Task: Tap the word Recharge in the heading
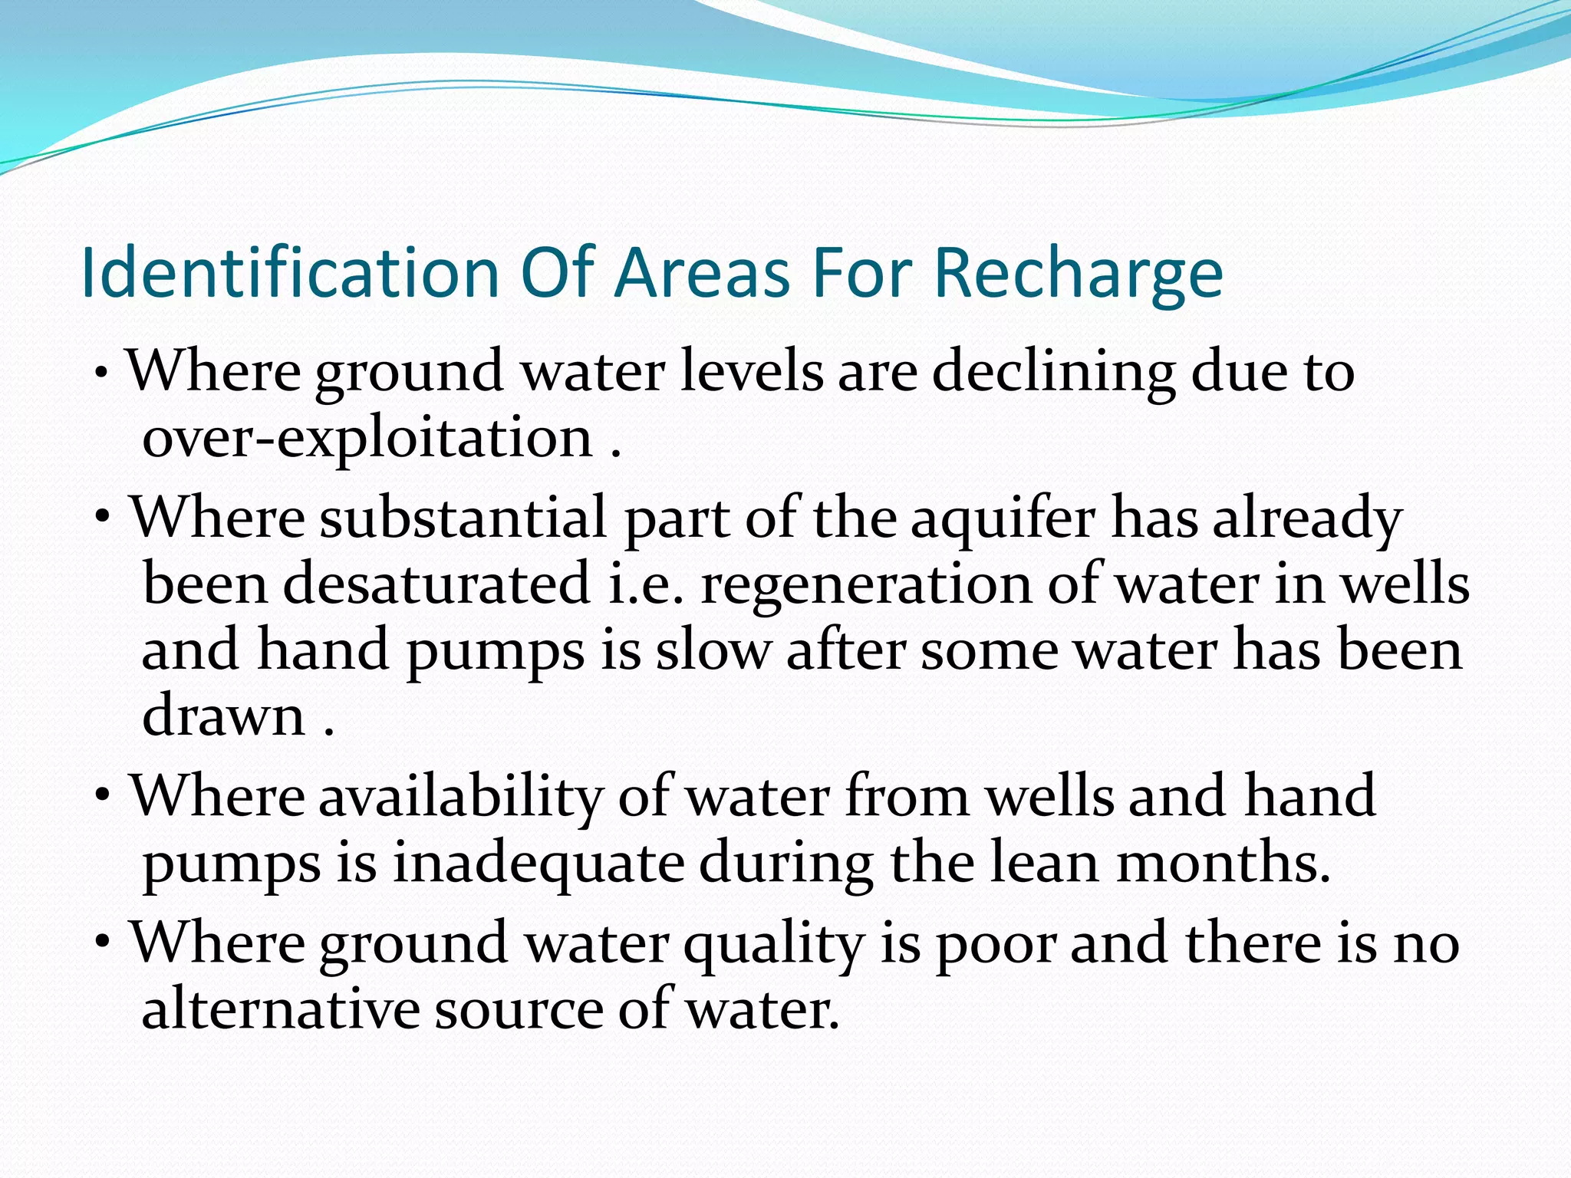coord(1078,275)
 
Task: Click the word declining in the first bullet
coord(1053,372)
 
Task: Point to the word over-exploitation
coord(367,439)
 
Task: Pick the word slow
coord(713,650)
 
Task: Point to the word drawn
coord(224,716)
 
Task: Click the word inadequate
coord(538,864)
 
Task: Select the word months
coord(1223,864)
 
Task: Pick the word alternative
coord(280,1009)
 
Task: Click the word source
coord(519,1009)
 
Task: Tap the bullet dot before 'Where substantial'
coord(104,519)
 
